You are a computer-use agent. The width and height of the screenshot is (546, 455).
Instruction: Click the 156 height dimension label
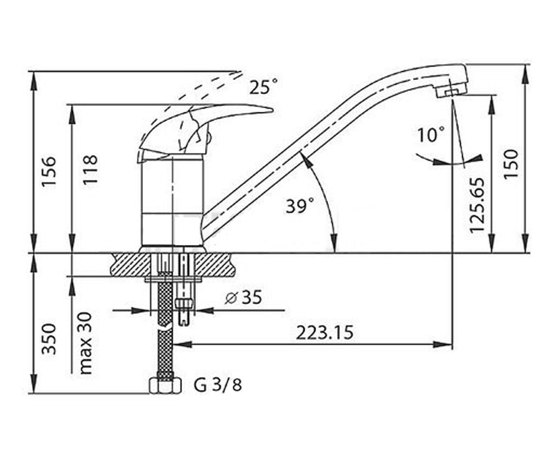[x=49, y=171]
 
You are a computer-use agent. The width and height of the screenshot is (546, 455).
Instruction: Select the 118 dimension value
[x=90, y=170]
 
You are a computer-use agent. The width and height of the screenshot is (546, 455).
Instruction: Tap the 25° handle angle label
[x=263, y=86]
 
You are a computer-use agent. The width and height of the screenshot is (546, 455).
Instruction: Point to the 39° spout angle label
[x=300, y=206]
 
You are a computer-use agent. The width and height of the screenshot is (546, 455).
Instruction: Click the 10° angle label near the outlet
[x=431, y=134]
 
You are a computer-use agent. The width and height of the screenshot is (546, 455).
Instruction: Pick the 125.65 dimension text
[x=477, y=205]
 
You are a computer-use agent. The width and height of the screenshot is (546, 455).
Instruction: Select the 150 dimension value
[x=511, y=164]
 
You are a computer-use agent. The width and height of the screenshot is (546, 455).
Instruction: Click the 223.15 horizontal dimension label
[x=324, y=333]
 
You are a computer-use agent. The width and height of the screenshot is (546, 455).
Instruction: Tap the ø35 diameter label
[x=243, y=297]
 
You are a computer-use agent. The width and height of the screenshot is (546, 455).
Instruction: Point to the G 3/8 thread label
[x=217, y=385]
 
